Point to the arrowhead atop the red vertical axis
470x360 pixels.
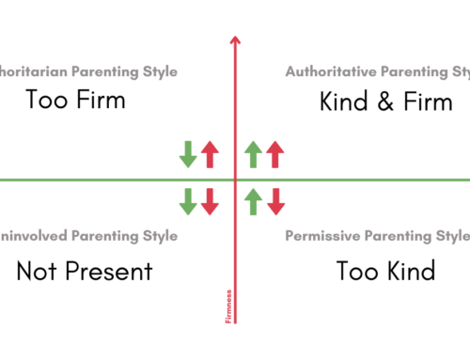(234, 39)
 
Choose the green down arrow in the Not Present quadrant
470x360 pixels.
(188, 199)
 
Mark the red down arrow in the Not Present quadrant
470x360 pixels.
(210, 199)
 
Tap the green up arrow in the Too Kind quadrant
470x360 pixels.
(253, 199)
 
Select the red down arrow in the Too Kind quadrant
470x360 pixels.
(274, 199)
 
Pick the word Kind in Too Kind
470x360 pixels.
(411, 273)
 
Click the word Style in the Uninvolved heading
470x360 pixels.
(157, 235)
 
